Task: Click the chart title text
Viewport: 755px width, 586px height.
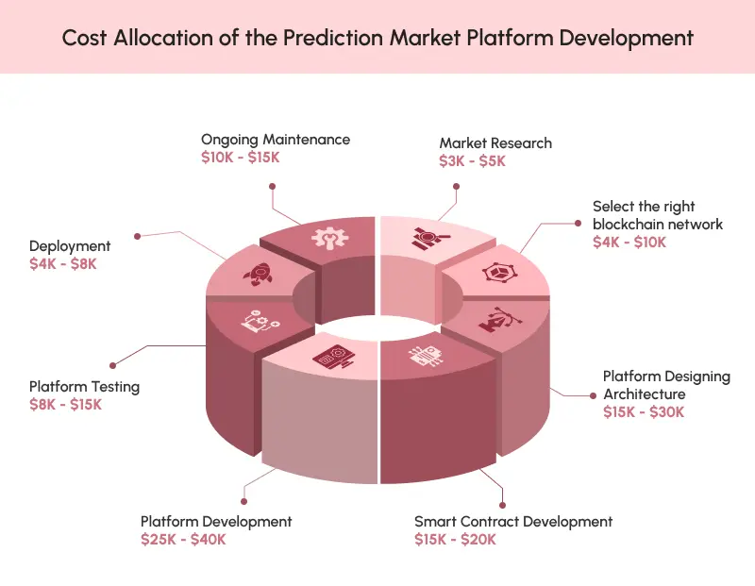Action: coord(377,38)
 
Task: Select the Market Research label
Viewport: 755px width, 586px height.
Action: coord(495,142)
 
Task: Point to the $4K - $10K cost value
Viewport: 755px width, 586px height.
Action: coord(629,243)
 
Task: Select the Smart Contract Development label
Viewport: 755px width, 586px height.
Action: coord(513,521)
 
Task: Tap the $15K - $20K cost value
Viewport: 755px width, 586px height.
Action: coord(455,540)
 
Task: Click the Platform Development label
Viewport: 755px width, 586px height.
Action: coord(216,521)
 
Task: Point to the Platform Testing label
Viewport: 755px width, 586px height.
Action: coord(84,386)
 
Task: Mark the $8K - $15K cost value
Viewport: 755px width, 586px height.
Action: coord(65,405)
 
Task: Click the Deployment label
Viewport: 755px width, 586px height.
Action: coord(70,246)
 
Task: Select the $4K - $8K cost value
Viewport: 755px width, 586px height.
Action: coord(63,264)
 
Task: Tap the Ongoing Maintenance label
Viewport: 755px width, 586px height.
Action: coord(275,139)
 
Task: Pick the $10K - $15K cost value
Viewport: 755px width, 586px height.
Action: coord(240,158)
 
